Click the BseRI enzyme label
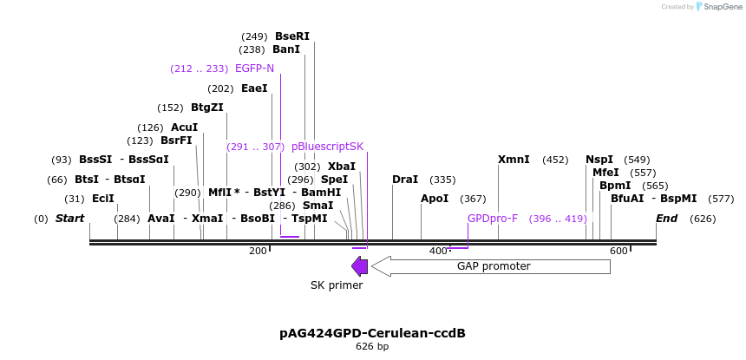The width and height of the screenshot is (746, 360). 291,36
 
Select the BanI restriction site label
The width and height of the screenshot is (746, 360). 285,49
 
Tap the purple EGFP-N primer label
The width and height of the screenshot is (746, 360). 254,69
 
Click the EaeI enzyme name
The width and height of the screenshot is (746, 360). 254,88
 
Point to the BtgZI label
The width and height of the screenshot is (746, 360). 206,108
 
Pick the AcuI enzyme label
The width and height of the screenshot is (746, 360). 184,128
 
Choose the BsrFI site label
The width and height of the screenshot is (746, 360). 176,141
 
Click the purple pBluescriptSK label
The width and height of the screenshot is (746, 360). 327,147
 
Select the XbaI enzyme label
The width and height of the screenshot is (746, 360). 341,167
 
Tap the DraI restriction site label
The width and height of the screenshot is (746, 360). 405,180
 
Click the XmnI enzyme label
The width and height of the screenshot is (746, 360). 514,160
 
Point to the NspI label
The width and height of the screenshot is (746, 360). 599,160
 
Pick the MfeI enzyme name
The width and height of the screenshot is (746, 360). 605,173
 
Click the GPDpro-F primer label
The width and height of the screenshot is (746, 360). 493,219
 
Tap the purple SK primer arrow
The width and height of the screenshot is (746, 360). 359,266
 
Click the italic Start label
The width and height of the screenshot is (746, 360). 70,219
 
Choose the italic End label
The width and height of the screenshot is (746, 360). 666,219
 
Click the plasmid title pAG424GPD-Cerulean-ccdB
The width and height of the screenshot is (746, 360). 372,333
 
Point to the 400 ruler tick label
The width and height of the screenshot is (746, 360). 438,251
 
